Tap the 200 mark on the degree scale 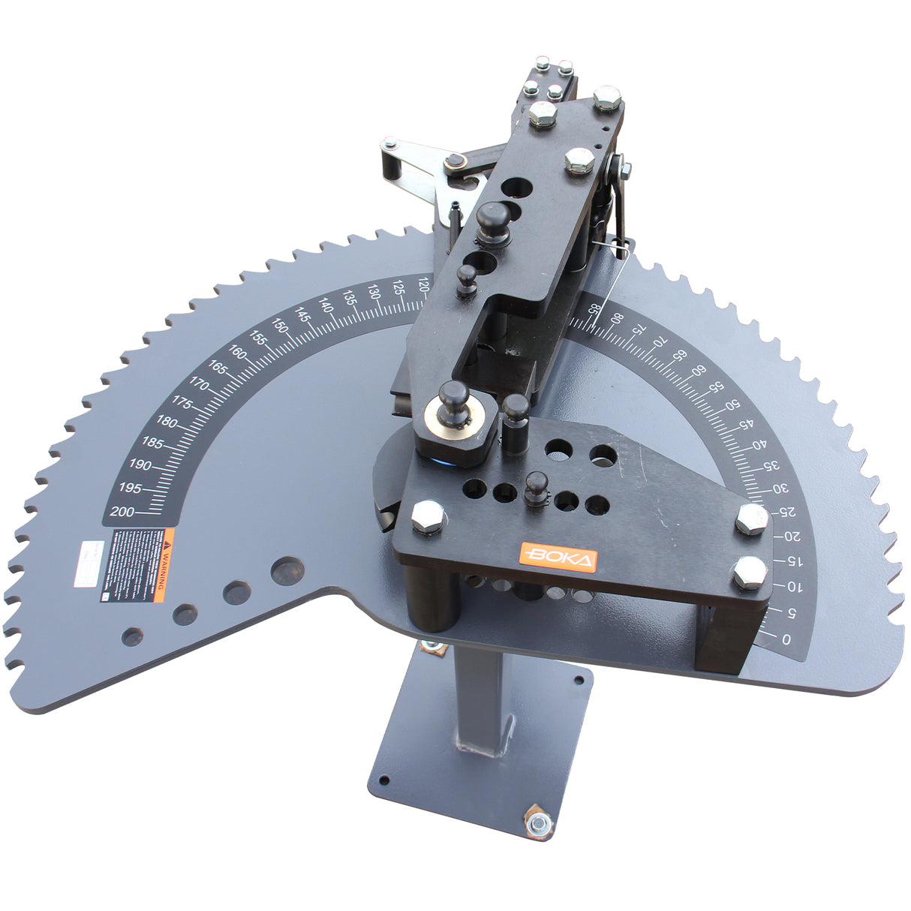pyautogui.click(x=122, y=512)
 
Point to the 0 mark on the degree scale pyautogui.click(x=786, y=639)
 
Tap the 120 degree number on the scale pyautogui.click(x=422, y=284)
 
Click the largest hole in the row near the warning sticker pyautogui.click(x=287, y=571)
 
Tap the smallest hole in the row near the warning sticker pyautogui.click(x=133, y=637)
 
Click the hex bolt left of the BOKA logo pyautogui.click(x=428, y=517)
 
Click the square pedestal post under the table pyautogui.click(x=481, y=698)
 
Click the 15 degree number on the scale pyautogui.click(x=792, y=561)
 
